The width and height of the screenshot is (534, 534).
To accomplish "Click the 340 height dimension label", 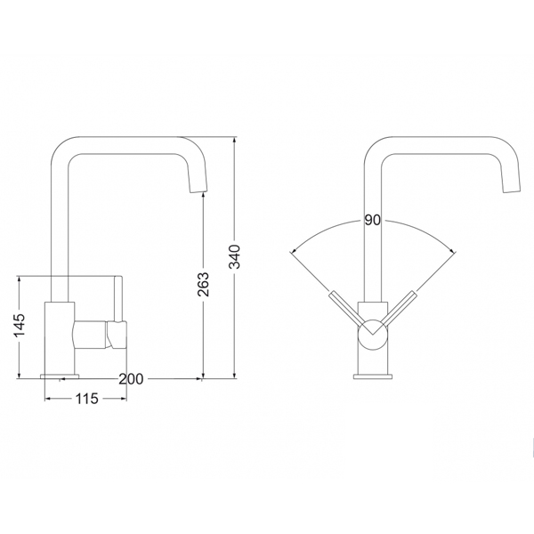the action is [x=235, y=256].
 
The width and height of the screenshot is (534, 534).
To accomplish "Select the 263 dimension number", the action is [x=203, y=284].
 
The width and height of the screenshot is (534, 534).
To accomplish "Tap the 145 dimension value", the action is [x=20, y=325].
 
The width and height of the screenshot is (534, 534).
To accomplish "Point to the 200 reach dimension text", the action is [x=131, y=379].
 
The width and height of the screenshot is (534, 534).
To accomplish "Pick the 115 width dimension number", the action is [x=86, y=399].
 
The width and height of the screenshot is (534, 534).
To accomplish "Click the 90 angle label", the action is [x=373, y=220].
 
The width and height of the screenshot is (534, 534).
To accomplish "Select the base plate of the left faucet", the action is [x=60, y=376].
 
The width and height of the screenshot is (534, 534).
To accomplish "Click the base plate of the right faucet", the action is [x=373, y=376].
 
